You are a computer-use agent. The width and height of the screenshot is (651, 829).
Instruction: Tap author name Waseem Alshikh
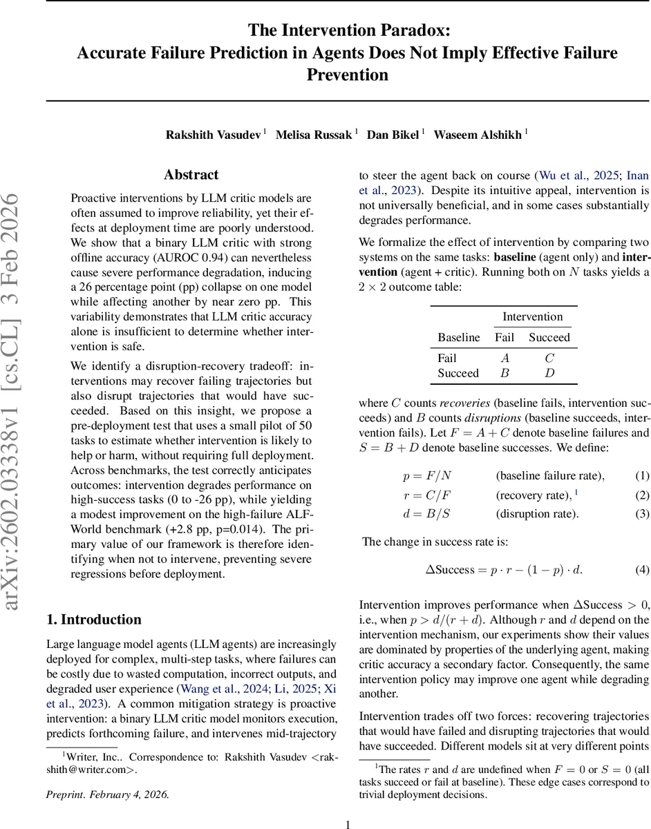478,135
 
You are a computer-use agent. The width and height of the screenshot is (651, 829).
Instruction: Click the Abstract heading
191,175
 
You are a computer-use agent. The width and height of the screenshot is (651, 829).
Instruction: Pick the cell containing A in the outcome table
504,359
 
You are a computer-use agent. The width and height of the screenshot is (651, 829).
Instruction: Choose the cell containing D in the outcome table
549,373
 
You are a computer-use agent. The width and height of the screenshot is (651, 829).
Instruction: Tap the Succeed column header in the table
549,338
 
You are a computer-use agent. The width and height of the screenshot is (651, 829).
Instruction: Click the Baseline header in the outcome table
458,338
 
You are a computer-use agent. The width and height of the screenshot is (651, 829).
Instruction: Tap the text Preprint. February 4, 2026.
107,794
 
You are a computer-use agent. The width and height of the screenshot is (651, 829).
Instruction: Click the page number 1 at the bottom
348,823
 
